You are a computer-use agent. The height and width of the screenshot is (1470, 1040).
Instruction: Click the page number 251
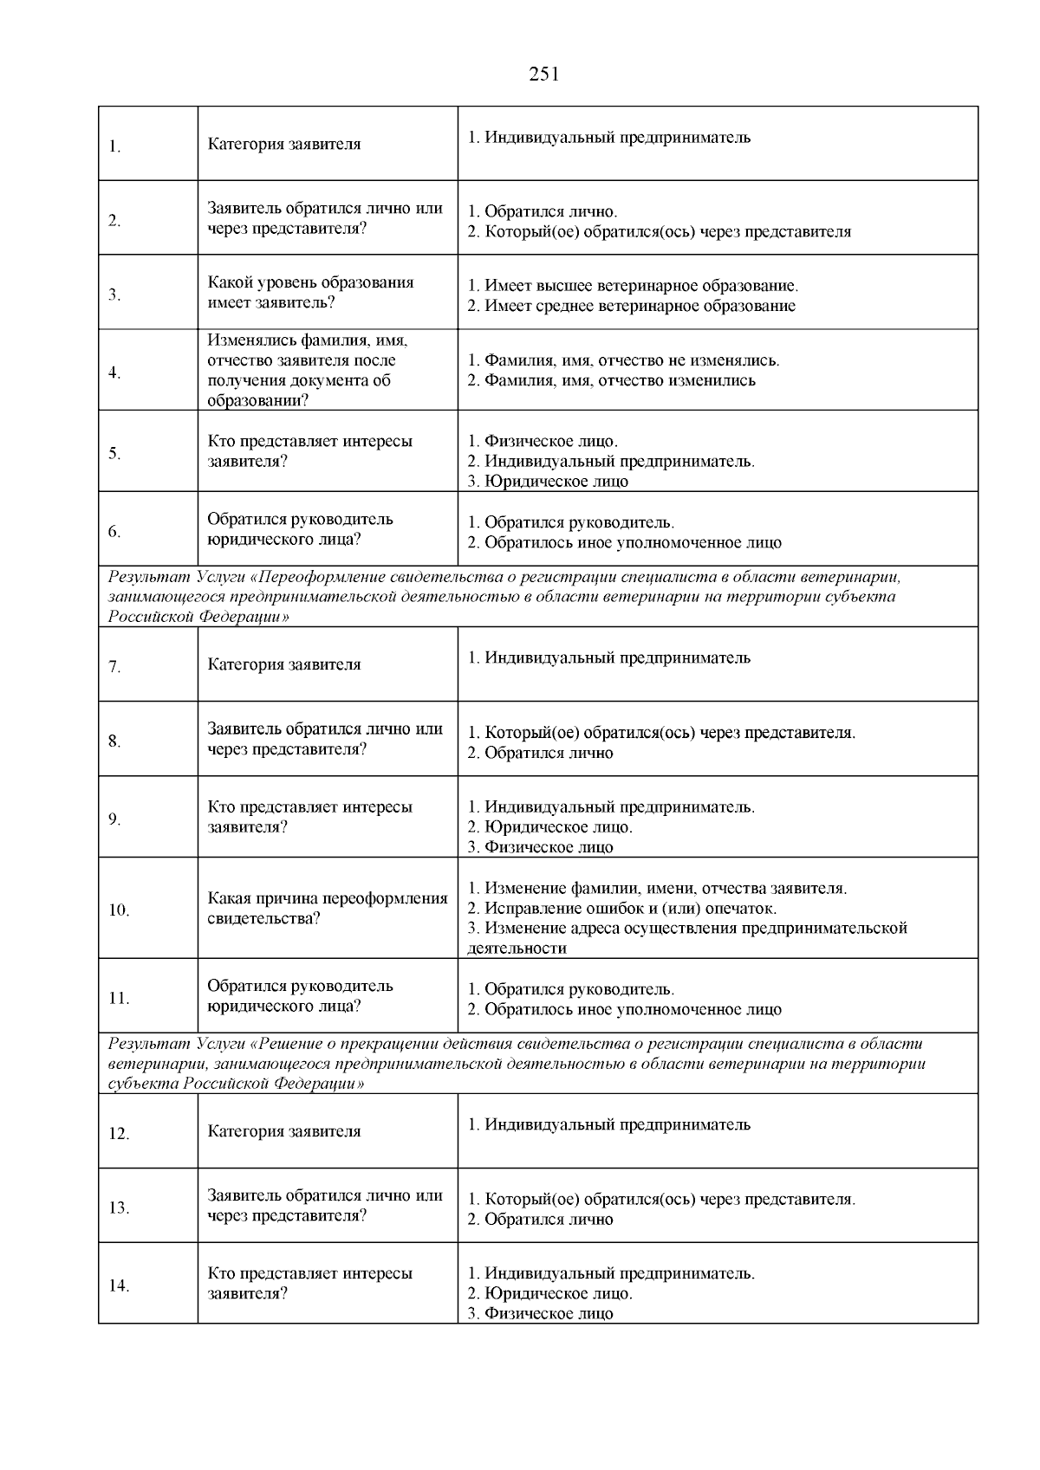pos(543,74)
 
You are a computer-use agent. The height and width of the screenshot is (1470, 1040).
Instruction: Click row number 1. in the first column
pos(114,146)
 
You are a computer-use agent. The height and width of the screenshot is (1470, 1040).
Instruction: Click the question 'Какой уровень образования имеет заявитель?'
pos(310,293)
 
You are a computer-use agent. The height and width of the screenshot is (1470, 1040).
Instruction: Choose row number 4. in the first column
pos(114,373)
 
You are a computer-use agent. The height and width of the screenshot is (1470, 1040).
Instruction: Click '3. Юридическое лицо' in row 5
pos(548,482)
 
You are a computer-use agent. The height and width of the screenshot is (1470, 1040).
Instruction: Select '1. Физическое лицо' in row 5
pos(543,442)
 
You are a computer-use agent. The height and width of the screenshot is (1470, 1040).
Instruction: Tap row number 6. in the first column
pos(114,532)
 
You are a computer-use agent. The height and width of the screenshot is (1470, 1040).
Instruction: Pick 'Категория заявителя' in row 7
pos(283,665)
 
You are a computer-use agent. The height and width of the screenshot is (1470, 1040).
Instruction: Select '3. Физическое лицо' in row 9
pos(540,847)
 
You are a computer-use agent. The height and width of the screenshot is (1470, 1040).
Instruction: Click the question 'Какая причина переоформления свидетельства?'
pos(327,909)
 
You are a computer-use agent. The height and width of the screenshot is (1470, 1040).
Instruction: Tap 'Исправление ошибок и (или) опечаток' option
pos(621,909)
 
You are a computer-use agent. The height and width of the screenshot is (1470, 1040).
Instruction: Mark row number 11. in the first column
pos(119,999)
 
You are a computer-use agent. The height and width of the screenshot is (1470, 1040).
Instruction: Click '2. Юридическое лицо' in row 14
pos(549,1294)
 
